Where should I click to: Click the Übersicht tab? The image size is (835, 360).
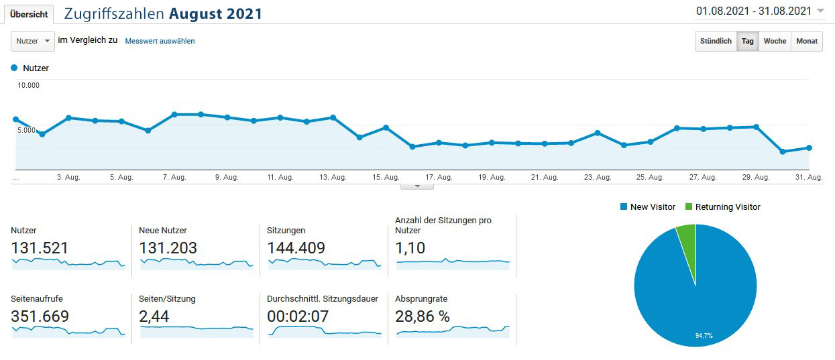(x=28, y=14)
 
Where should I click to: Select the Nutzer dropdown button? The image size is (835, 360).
(x=32, y=41)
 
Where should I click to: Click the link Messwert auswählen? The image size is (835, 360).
(x=160, y=41)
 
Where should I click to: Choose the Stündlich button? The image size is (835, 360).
(x=716, y=41)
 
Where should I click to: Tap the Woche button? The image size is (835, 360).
(x=775, y=41)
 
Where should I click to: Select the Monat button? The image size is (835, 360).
(x=807, y=41)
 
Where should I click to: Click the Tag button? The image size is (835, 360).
(x=747, y=41)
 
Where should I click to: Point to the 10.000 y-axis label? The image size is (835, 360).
(x=29, y=85)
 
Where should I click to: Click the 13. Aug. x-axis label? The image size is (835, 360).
(x=333, y=178)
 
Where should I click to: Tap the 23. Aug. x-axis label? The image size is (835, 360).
(x=598, y=178)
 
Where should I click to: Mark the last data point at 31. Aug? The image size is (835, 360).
(x=810, y=147)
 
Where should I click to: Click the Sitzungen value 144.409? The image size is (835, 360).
(x=296, y=248)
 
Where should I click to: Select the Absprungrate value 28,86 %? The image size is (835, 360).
(x=423, y=316)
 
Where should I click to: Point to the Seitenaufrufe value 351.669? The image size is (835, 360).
(x=40, y=316)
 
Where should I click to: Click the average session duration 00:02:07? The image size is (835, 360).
(x=298, y=316)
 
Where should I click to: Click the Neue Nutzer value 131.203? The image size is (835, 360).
(x=168, y=248)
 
